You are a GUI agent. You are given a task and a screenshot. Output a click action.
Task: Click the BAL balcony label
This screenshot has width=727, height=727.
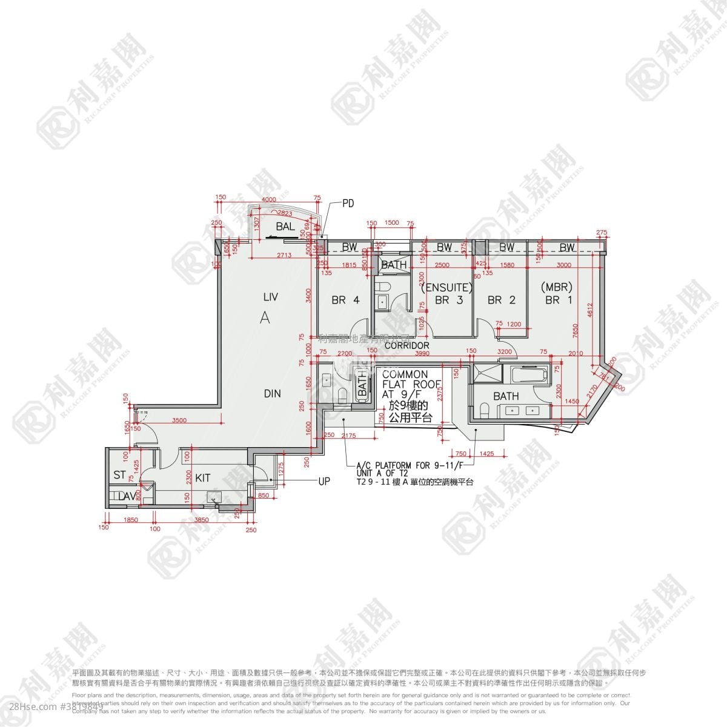[285, 227]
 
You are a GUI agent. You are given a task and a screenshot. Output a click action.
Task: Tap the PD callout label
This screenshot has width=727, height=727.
[348, 203]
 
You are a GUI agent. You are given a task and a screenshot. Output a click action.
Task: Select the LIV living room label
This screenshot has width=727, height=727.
[270, 297]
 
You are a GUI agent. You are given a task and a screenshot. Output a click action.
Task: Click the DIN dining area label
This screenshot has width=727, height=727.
[273, 393]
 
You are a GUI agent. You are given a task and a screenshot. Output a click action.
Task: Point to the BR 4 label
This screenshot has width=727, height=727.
[345, 299]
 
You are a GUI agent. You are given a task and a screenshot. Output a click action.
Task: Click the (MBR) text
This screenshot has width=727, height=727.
[558, 287]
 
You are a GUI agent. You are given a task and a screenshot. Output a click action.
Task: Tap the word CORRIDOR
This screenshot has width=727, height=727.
[407, 345]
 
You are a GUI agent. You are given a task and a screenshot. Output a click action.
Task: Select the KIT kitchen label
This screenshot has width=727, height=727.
[203, 478]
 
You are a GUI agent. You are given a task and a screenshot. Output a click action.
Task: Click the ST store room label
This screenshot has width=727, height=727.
[119, 475]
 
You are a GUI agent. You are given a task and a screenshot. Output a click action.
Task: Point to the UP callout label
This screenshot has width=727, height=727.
[325, 482]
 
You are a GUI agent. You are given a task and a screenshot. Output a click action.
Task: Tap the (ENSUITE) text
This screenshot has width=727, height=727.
[446, 287]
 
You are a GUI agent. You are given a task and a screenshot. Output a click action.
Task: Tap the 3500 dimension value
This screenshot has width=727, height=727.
[179, 420]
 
